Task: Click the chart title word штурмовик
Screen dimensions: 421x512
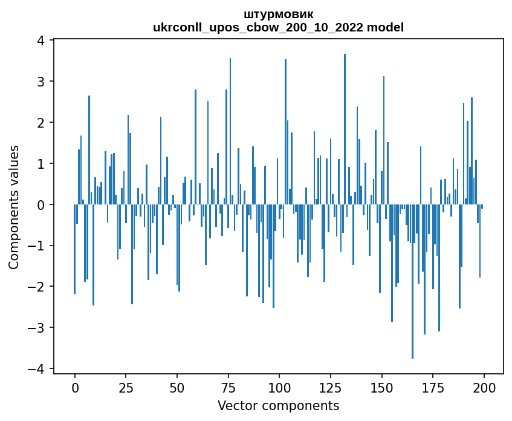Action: (278, 14)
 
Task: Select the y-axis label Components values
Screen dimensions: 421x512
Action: (14, 206)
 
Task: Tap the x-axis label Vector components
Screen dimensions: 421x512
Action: (278, 405)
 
